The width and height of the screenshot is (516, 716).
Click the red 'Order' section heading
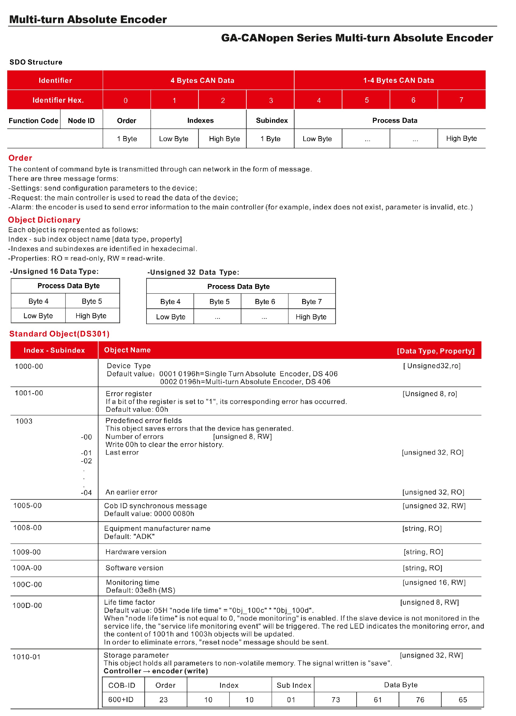(x=20, y=158)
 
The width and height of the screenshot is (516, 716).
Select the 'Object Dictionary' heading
(x=44, y=220)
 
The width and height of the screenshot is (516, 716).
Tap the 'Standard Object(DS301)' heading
(x=59, y=334)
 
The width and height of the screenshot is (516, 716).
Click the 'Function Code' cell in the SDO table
(x=33, y=121)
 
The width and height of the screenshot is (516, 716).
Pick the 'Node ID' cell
(x=81, y=121)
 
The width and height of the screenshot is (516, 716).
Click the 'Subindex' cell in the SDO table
(x=272, y=120)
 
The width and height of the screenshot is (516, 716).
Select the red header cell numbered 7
(x=461, y=100)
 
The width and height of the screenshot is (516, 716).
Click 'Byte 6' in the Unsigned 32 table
(x=265, y=302)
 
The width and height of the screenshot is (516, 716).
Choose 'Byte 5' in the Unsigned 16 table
(x=92, y=301)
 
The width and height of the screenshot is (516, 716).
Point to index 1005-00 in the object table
(x=27, y=506)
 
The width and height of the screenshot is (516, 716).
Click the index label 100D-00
(x=27, y=605)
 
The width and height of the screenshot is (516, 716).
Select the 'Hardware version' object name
(x=136, y=552)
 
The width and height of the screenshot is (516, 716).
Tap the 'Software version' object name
(x=134, y=568)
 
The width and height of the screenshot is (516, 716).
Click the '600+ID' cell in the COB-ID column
(x=121, y=700)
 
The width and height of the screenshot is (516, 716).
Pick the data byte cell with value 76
(x=420, y=700)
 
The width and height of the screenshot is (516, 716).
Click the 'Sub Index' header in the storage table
(x=294, y=685)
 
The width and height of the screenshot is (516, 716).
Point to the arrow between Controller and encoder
(x=146, y=671)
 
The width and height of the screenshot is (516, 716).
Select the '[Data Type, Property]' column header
(x=436, y=351)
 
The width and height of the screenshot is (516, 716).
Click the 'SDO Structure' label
(x=36, y=62)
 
